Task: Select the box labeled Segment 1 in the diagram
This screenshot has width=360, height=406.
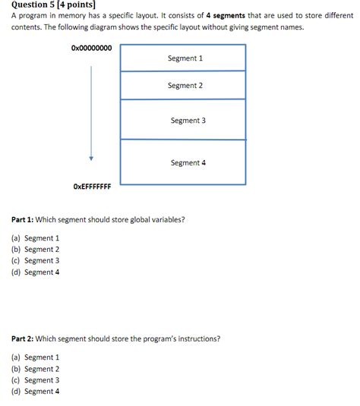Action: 183,58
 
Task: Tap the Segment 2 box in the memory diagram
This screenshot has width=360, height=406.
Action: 183,86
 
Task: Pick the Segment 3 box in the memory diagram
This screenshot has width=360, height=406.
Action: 183,120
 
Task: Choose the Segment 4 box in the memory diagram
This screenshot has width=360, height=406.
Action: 183,162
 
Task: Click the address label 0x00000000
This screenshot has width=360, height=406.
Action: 91,48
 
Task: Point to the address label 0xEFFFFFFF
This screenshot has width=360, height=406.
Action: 91,186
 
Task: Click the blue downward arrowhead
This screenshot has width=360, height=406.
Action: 91,159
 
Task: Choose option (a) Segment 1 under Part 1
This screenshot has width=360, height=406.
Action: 35,238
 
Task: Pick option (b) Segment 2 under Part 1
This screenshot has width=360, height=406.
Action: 35,249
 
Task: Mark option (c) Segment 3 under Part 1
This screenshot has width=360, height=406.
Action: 35,260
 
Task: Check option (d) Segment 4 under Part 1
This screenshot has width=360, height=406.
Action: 35,272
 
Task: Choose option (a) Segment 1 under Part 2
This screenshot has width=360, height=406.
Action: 35,357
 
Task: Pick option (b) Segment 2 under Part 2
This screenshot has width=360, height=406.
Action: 35,368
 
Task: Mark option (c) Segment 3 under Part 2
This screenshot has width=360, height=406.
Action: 35,379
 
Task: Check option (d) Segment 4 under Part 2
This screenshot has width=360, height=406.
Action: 35,391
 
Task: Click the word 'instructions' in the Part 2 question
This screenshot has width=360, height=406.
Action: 198,339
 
